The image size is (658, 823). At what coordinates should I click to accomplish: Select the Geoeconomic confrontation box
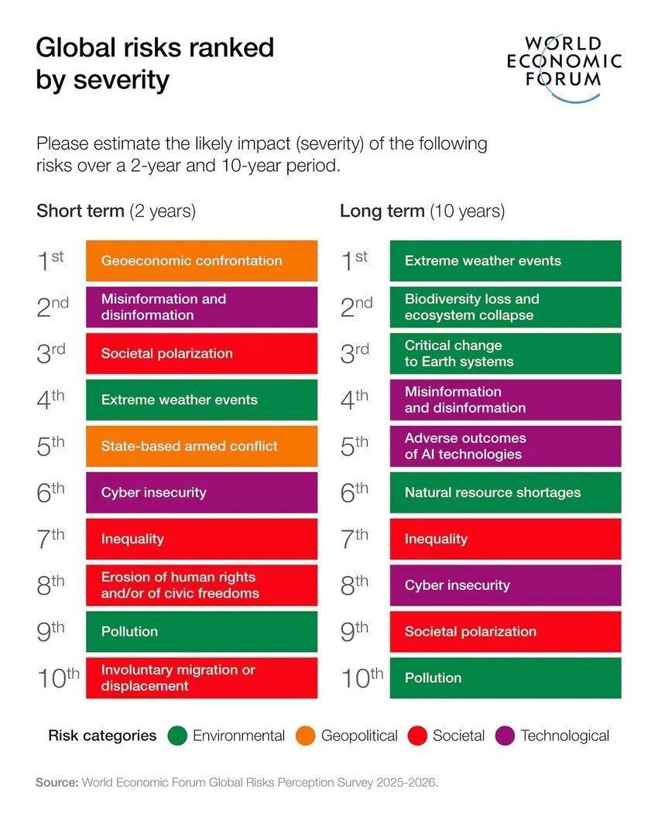pyautogui.click(x=201, y=261)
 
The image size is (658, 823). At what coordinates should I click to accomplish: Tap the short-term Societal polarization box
pyautogui.click(x=201, y=353)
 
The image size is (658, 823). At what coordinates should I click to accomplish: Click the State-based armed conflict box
pyautogui.click(x=201, y=446)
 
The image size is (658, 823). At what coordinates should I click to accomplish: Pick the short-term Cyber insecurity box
pyautogui.click(x=201, y=492)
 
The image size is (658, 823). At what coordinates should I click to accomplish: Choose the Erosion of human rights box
pyautogui.click(x=201, y=585)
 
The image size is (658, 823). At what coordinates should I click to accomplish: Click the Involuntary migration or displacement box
pyautogui.click(x=201, y=678)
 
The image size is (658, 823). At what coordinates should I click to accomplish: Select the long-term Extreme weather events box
pyautogui.click(x=505, y=261)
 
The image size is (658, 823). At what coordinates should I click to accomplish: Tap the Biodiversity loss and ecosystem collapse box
pyautogui.click(x=505, y=307)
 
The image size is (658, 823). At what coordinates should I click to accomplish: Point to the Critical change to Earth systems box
pyautogui.click(x=505, y=353)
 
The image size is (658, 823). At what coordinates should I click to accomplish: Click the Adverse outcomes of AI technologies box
pyautogui.click(x=505, y=446)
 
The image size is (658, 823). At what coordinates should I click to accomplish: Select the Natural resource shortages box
pyautogui.click(x=505, y=492)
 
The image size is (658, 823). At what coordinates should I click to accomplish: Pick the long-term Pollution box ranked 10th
pyautogui.click(x=505, y=678)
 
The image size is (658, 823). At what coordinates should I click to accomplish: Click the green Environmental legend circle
pyautogui.click(x=177, y=736)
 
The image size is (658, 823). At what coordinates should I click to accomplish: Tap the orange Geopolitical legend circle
pyautogui.click(x=306, y=736)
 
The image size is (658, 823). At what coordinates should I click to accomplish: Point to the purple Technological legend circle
pyautogui.click(x=505, y=736)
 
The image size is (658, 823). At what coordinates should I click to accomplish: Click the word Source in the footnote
pyautogui.click(x=57, y=783)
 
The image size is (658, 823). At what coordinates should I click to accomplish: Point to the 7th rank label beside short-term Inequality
pyautogui.click(x=51, y=539)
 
